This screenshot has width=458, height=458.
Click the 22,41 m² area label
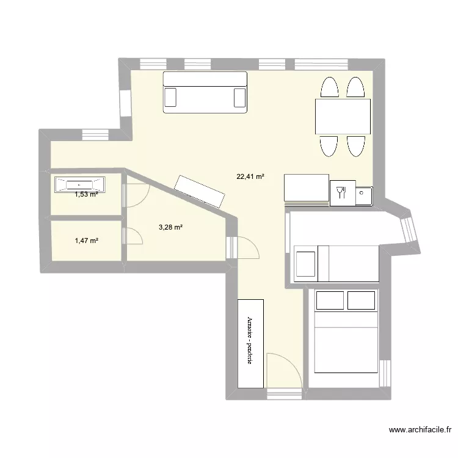click(250, 177)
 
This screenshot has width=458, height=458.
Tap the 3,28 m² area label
click(171, 228)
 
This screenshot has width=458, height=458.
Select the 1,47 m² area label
click(87, 241)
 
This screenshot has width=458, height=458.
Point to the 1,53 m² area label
click(87, 195)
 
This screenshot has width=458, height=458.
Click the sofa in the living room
click(205, 92)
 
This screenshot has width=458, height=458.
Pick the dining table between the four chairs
click(343, 117)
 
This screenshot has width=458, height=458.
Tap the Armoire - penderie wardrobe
click(250, 343)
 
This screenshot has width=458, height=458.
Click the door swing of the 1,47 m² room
click(134, 237)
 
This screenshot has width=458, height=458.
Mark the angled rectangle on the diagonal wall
click(199, 191)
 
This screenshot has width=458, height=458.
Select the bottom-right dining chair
click(356, 146)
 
